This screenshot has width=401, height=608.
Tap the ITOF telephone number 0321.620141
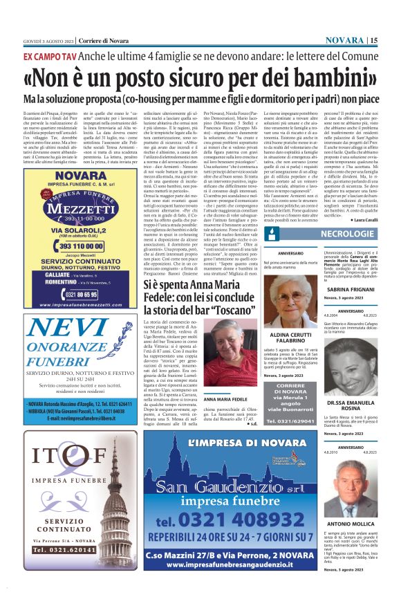click(48, 587)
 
